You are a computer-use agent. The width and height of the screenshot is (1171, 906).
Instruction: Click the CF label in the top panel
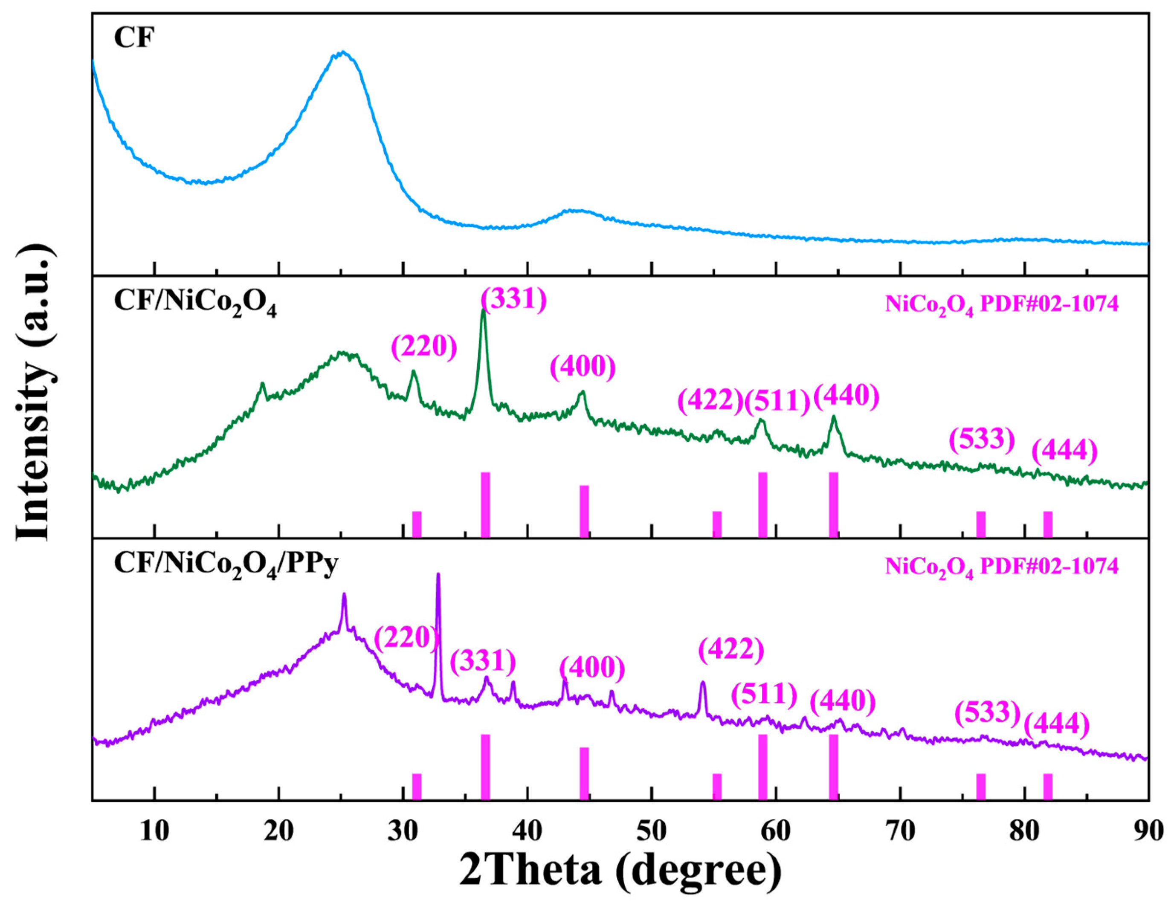[x=133, y=39]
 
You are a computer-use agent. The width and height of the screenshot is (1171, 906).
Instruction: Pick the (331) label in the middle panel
[x=514, y=298]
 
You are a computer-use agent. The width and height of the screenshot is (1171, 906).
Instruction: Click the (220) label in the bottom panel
[x=406, y=638]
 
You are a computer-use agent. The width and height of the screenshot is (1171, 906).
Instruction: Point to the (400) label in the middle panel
[x=583, y=367]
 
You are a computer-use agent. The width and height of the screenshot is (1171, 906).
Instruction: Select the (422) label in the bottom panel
[x=731, y=650]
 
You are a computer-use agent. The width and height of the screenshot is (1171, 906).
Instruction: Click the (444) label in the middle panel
[x=1065, y=452]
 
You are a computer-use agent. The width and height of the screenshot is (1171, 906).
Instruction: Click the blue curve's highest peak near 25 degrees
[x=342, y=53]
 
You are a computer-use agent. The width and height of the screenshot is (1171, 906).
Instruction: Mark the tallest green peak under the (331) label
[x=483, y=311]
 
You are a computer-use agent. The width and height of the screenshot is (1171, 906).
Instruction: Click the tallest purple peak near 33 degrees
[x=438, y=575]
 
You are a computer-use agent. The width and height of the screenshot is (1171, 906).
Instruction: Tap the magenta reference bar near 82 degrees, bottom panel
[x=1047, y=786]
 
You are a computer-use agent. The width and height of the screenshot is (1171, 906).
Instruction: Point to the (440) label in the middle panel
[x=846, y=397]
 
